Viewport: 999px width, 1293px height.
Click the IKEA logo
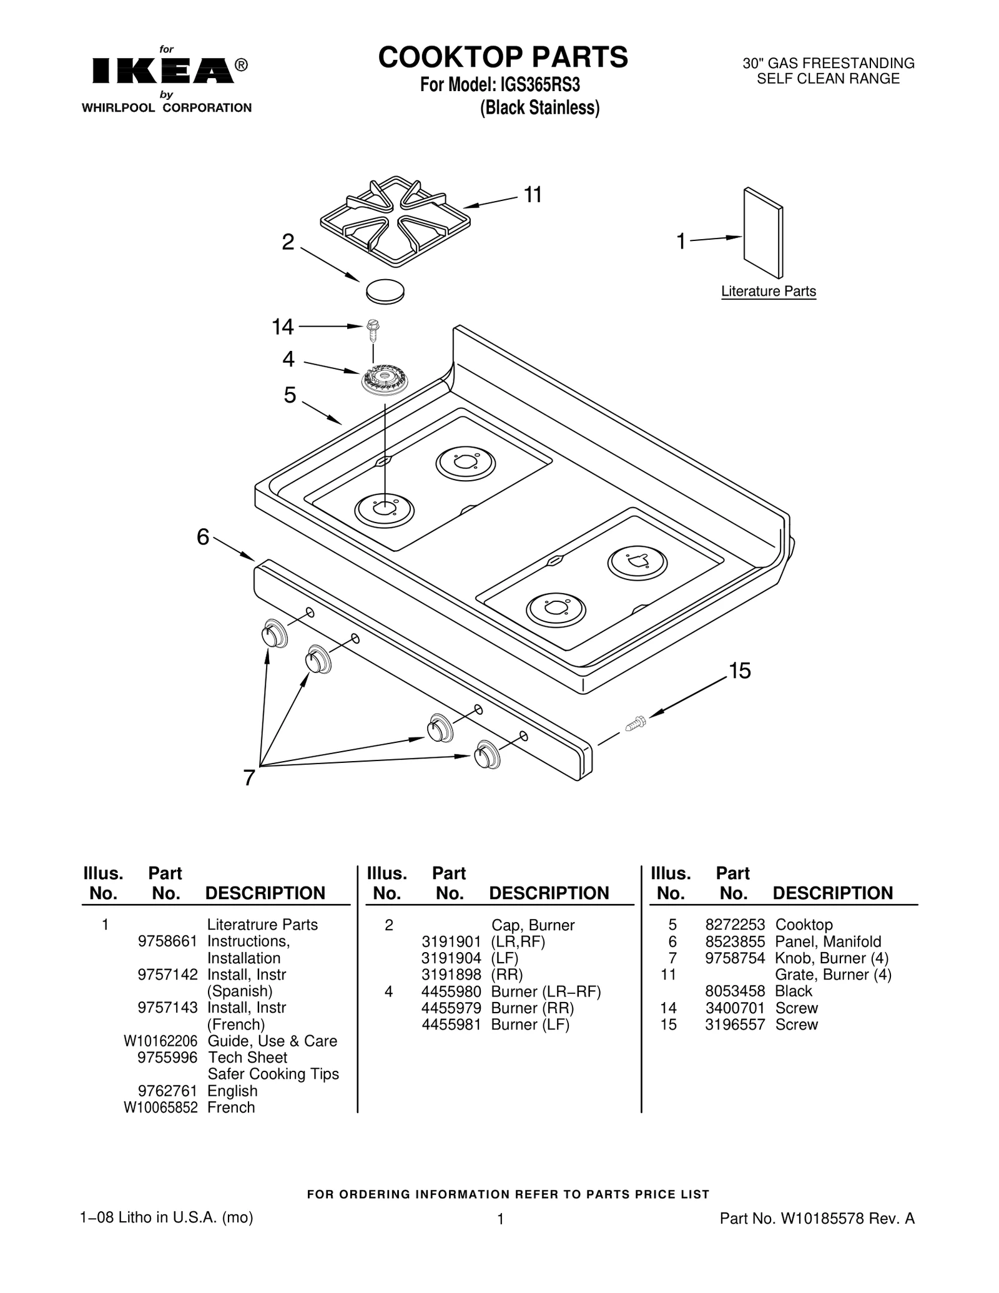[164, 71]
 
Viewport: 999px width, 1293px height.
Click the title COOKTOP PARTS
[503, 57]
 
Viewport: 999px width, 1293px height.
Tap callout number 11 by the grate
[532, 195]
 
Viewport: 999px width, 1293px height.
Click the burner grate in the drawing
[395, 222]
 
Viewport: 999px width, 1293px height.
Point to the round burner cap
[385, 291]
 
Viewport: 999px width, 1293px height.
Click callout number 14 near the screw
[282, 327]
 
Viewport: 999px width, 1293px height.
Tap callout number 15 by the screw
[739, 671]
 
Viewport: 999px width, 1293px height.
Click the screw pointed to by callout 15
[635, 724]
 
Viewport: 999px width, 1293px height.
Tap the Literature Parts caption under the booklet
[768, 292]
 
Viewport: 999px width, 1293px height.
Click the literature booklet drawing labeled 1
[763, 232]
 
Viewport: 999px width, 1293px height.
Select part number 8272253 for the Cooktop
[734, 925]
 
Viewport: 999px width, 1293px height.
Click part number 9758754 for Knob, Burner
[734, 958]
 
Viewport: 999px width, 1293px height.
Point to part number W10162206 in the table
[160, 1041]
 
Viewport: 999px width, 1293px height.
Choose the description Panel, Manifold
[828, 942]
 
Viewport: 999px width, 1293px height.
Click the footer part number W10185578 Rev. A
[817, 1219]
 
